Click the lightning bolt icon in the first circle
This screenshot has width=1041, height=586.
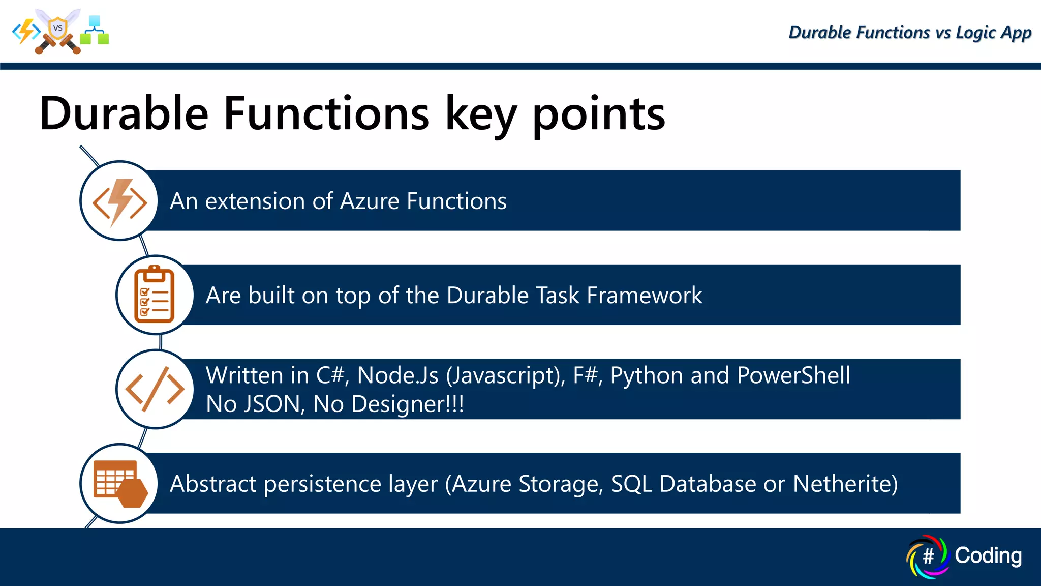click(120, 201)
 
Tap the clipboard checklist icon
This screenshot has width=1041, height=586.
click(155, 295)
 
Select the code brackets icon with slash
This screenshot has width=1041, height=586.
click(155, 389)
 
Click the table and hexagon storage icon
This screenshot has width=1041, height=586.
click(120, 484)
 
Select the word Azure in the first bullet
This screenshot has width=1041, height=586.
click(370, 201)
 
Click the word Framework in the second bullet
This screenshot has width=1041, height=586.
click(644, 296)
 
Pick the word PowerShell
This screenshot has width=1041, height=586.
click(793, 375)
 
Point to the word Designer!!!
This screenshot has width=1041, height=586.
click(407, 404)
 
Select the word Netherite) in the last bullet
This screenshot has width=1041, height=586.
click(845, 484)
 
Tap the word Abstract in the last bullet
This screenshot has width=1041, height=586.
click(213, 484)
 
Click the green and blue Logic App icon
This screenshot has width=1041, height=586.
click(95, 31)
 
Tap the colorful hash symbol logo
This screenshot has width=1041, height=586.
click(928, 556)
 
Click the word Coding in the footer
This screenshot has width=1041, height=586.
click(988, 555)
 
